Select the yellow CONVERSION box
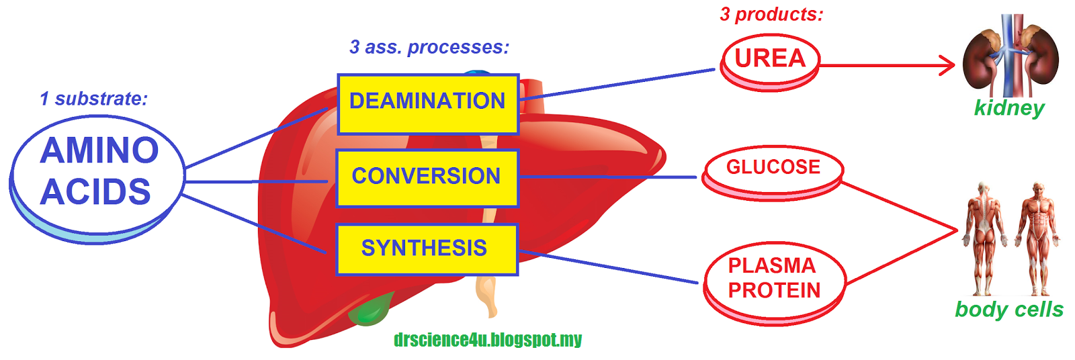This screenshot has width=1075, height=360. click(x=427, y=178)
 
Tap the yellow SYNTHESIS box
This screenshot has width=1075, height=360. click(x=427, y=249)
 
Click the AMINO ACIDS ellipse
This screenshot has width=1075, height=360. click(x=97, y=173)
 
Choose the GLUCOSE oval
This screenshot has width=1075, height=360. click(x=773, y=169)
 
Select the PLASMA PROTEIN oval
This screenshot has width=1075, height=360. click(x=774, y=279)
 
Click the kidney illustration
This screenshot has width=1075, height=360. click(x=1010, y=57)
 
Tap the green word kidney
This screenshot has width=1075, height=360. click(x=1009, y=108)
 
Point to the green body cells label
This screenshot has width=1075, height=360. click(x=1009, y=310)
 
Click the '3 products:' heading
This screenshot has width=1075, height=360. click(x=771, y=14)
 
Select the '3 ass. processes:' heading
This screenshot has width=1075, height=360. click(x=429, y=47)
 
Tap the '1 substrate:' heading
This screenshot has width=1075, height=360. click(x=93, y=99)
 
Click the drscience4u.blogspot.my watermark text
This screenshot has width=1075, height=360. click(x=488, y=340)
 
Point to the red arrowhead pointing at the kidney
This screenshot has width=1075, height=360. click(x=948, y=65)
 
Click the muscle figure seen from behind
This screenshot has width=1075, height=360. click(x=984, y=238)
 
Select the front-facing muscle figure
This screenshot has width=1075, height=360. click(x=1037, y=238)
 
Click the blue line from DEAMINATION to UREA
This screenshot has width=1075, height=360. click(x=618, y=85)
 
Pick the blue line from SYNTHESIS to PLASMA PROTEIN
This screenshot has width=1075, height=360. click(x=608, y=267)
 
